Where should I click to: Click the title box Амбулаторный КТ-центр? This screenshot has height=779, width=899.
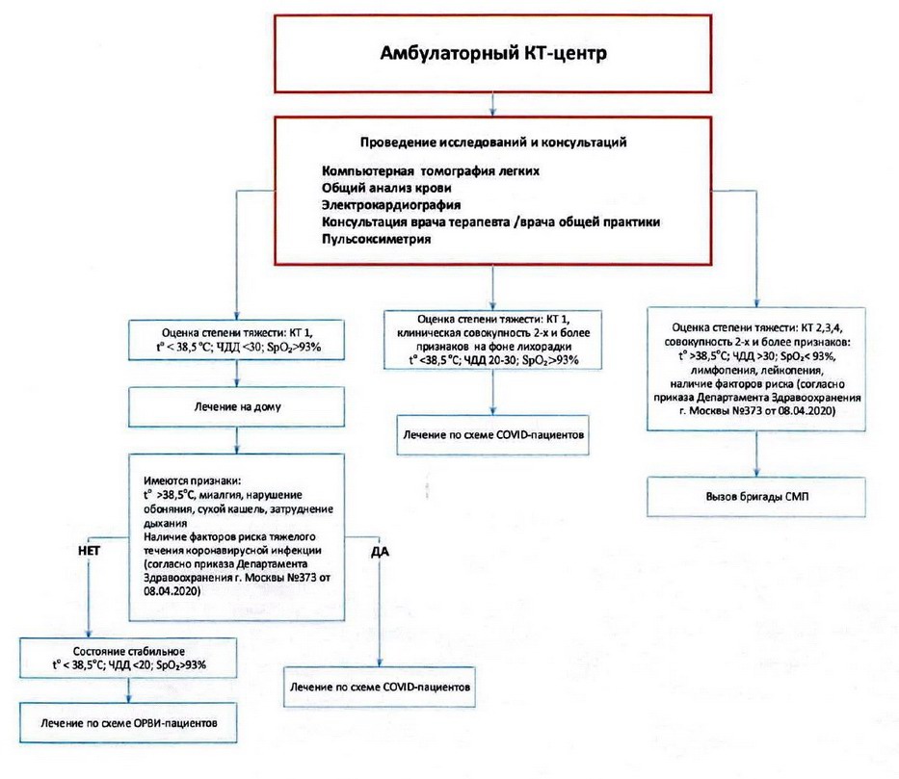(x=492, y=53)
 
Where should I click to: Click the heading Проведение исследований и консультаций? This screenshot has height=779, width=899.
(x=493, y=142)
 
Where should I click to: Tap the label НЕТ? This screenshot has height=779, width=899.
(x=88, y=548)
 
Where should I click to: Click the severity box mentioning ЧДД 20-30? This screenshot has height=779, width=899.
(x=493, y=339)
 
